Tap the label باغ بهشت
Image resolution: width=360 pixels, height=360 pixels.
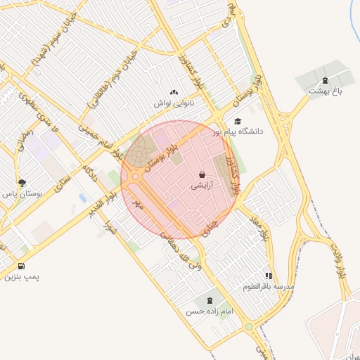click(x=324, y=91)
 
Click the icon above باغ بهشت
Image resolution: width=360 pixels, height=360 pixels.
click(x=324, y=80)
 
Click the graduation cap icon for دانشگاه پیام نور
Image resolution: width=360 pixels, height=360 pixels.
click(x=238, y=121)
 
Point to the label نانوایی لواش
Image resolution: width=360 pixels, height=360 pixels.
click(x=174, y=103)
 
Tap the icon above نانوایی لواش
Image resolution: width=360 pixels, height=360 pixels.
click(x=174, y=92)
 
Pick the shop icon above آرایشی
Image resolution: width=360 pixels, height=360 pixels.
click(x=202, y=175)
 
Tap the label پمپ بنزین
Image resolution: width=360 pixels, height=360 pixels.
click(x=22, y=277)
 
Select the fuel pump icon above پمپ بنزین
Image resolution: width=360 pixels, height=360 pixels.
click(x=22, y=266)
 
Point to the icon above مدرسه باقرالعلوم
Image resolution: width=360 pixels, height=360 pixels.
click(x=268, y=276)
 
